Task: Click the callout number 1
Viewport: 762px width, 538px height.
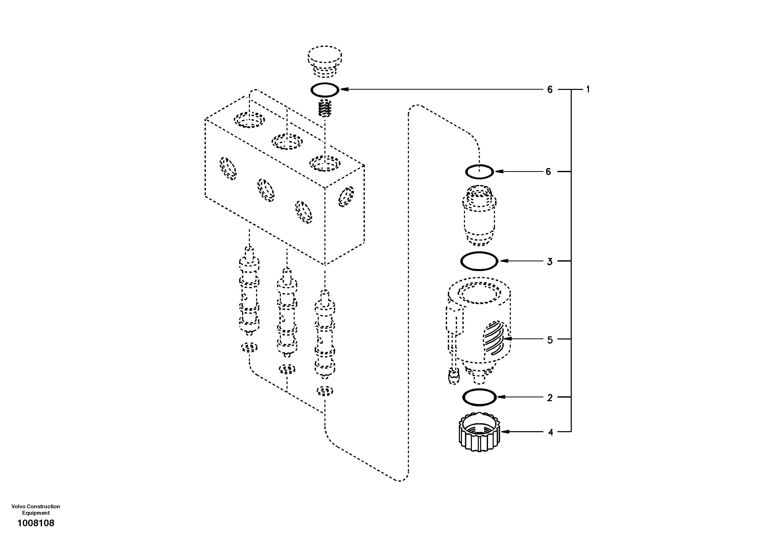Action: point(588,89)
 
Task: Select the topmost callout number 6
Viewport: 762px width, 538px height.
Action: point(550,89)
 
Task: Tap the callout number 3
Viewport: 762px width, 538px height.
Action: point(549,261)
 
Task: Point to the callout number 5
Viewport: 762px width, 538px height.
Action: point(550,340)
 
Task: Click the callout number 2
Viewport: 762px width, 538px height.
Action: point(549,398)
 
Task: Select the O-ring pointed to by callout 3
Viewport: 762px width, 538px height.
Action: point(479,261)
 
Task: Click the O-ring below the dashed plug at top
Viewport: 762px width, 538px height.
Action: point(325,90)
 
